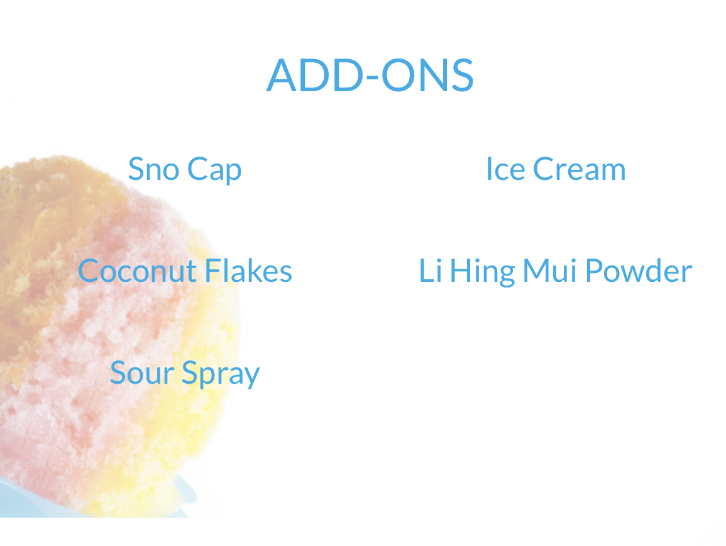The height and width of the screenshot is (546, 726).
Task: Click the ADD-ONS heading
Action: (370, 75)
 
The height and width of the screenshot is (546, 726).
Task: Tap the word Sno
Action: (154, 169)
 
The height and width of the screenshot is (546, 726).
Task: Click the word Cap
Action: (214, 170)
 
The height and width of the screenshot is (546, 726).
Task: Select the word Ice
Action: (505, 169)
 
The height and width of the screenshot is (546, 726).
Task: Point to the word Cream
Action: (579, 169)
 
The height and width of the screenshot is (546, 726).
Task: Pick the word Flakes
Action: (248, 270)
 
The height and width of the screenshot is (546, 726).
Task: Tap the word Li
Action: (430, 270)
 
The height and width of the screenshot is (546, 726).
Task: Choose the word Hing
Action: (482, 272)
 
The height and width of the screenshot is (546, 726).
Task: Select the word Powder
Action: (639, 270)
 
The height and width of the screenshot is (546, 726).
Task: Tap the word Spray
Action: (221, 374)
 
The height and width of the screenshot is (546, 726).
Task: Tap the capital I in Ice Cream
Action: (489, 169)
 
